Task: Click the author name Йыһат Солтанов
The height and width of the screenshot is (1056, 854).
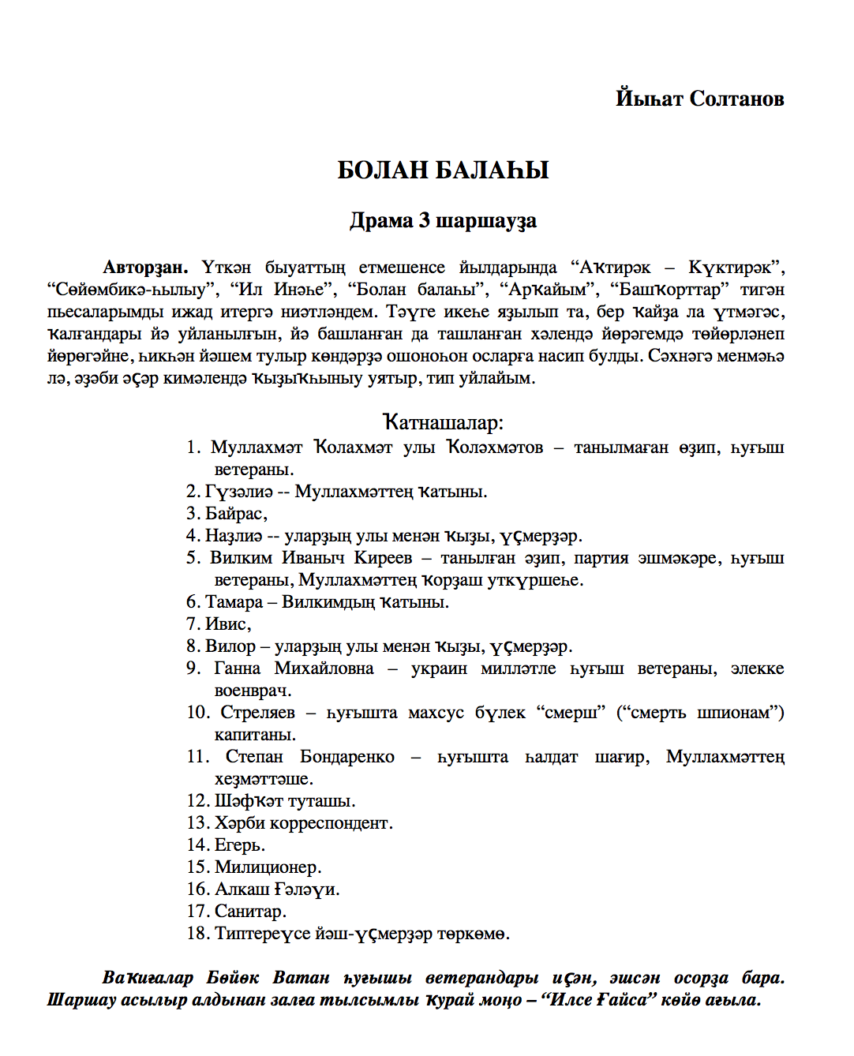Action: point(699,99)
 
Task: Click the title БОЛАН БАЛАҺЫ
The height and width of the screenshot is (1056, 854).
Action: point(443,170)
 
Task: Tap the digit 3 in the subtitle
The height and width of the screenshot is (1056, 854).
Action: point(424,220)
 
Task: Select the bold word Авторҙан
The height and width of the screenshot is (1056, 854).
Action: point(146,268)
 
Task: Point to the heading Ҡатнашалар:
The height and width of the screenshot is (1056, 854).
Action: point(443,422)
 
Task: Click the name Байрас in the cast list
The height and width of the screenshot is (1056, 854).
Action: point(234,514)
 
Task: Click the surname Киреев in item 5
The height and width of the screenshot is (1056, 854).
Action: point(383,558)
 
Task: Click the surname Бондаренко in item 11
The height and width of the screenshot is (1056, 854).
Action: point(347,757)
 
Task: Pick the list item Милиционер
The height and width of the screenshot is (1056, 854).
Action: point(268,867)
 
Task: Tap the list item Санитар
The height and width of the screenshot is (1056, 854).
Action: point(249,912)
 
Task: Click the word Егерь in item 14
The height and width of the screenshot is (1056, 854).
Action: point(239,845)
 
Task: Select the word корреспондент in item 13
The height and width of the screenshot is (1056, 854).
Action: point(331,823)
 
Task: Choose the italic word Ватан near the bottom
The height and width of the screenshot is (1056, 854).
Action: point(301,978)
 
